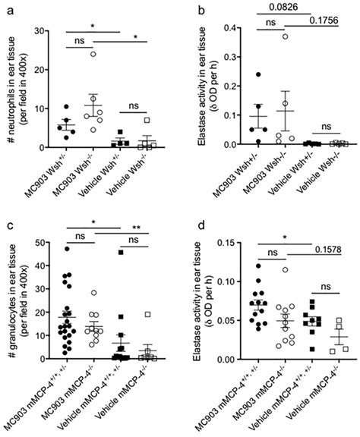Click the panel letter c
click(x=5, y=225)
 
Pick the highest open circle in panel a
click(x=93, y=53)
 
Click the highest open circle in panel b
click(x=286, y=36)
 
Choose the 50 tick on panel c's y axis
click(x=37, y=242)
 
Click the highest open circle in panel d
click(x=285, y=269)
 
